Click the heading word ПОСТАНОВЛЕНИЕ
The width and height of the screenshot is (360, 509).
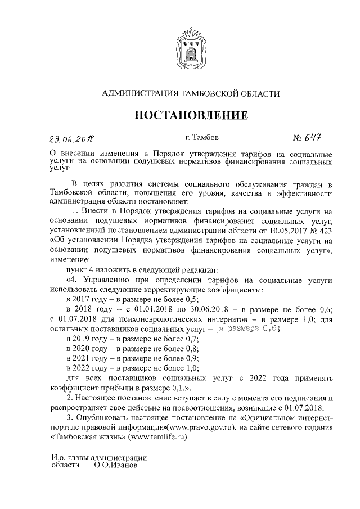tap(191, 116)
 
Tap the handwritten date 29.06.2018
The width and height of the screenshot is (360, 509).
tap(71, 138)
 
